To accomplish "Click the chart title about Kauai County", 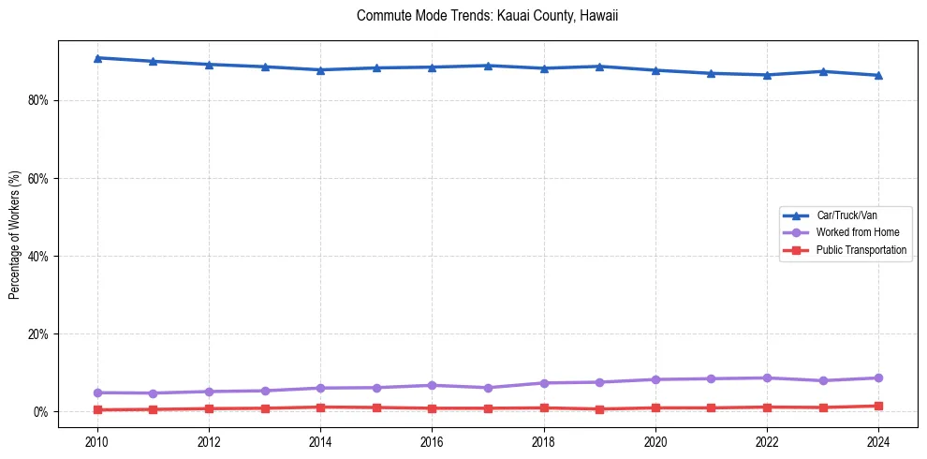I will point(488,16).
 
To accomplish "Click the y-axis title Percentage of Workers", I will point(14,234).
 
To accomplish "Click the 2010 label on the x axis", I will point(97,440).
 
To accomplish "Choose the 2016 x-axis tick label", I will point(432,440).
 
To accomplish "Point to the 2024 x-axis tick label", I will point(878,440).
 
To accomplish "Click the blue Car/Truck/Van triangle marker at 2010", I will point(97,58).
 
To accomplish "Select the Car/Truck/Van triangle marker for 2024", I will point(878,75).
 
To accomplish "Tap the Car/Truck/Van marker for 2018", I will point(544,68).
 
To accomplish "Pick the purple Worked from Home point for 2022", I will point(767,378).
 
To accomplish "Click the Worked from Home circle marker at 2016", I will point(432,385).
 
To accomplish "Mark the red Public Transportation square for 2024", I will point(878,406).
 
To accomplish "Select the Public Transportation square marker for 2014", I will point(320,407).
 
